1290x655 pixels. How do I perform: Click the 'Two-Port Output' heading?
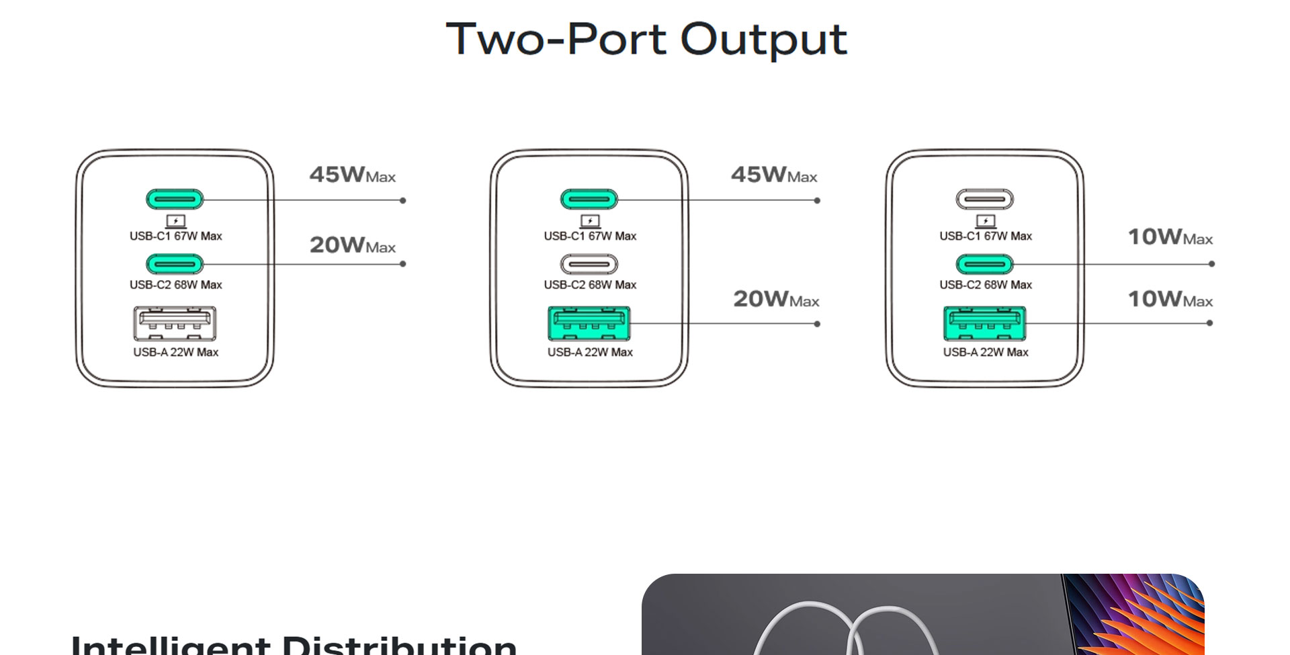pyautogui.click(x=646, y=39)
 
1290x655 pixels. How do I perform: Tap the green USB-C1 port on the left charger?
pyautogui.click(x=175, y=200)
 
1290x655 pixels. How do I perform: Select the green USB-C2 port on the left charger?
pyautogui.click(x=175, y=264)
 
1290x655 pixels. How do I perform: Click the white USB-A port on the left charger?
pyautogui.click(x=175, y=323)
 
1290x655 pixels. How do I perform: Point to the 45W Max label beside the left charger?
pyautogui.click(x=352, y=175)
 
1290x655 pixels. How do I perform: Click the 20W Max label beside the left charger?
pyautogui.click(x=352, y=245)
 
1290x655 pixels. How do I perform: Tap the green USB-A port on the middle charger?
pyautogui.click(x=589, y=323)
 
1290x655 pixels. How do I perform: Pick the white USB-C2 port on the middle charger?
pyautogui.click(x=589, y=264)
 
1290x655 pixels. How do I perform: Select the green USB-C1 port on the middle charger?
pyautogui.click(x=589, y=200)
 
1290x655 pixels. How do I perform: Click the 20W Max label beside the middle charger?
pyautogui.click(x=776, y=299)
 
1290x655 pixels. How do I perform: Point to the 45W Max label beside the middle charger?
pyautogui.click(x=774, y=175)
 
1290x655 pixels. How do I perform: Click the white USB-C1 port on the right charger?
pyautogui.click(x=985, y=200)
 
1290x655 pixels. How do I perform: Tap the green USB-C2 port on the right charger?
pyautogui.click(x=985, y=264)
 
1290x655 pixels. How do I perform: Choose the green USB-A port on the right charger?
pyautogui.click(x=985, y=323)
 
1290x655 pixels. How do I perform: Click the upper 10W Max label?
pyautogui.click(x=1170, y=237)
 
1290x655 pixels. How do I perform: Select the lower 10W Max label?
pyautogui.click(x=1170, y=299)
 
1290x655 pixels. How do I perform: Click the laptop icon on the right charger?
pyautogui.click(x=986, y=221)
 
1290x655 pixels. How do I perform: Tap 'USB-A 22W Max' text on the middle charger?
pyautogui.click(x=590, y=352)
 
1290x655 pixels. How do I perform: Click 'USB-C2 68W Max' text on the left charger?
pyautogui.click(x=176, y=285)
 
